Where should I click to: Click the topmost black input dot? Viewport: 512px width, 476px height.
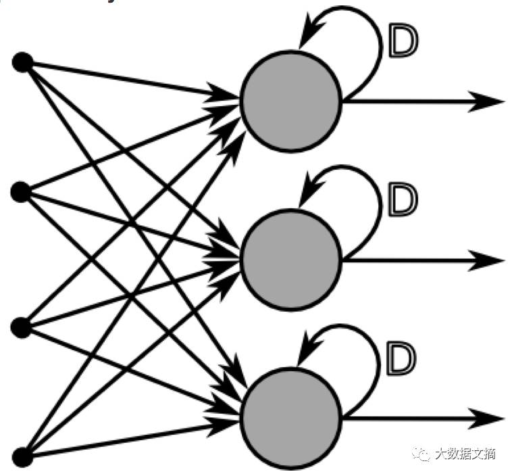[x=22, y=63]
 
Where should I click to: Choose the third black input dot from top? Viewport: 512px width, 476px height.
[x=21, y=327]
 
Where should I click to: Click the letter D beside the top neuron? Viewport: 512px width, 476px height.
[x=403, y=41]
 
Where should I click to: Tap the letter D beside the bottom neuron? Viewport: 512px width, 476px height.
[x=401, y=359]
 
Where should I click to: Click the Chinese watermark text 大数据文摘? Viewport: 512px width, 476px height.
[x=465, y=454]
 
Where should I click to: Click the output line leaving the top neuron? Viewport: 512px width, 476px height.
[x=412, y=101]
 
